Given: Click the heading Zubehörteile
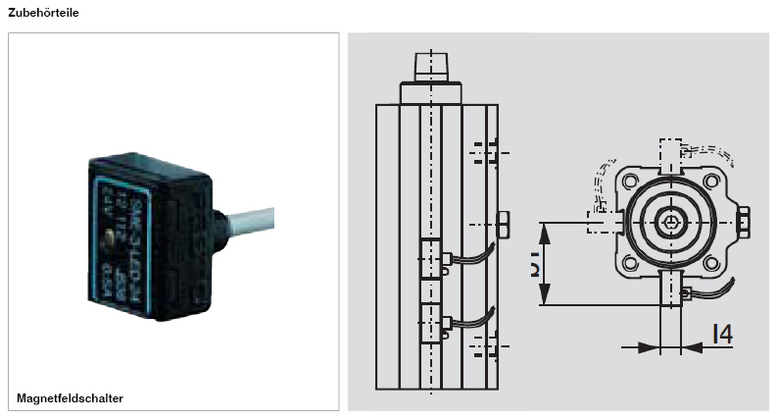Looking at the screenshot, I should click(44, 13).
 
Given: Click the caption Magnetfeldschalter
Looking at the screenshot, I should click(70, 397).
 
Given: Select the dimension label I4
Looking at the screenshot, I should click(722, 334).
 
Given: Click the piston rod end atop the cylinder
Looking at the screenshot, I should click(430, 66).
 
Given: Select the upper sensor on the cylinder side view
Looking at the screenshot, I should click(431, 259).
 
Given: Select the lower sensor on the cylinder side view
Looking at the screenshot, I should click(431, 323).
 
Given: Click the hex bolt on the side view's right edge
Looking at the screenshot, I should click(504, 224).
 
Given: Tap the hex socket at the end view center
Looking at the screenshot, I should click(671, 223).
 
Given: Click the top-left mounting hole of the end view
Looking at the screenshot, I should click(626, 183).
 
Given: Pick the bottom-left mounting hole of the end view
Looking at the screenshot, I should click(626, 263).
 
